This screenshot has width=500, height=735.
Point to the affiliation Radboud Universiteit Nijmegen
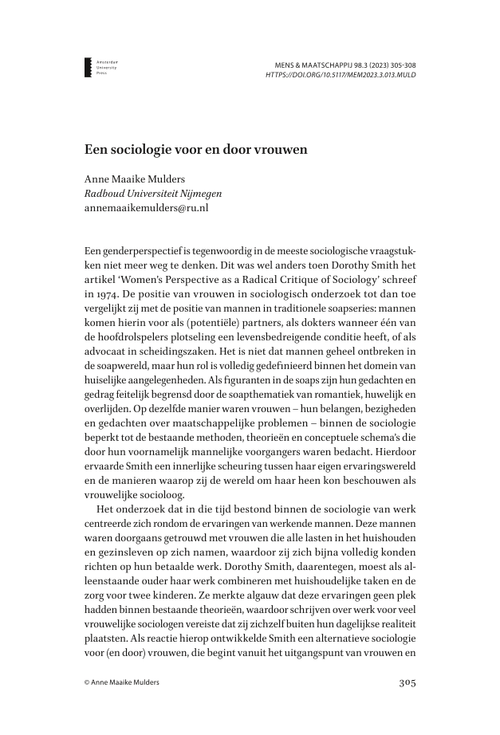pyautogui.click(x=153, y=193)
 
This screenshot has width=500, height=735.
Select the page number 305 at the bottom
pyautogui.click(x=407, y=682)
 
